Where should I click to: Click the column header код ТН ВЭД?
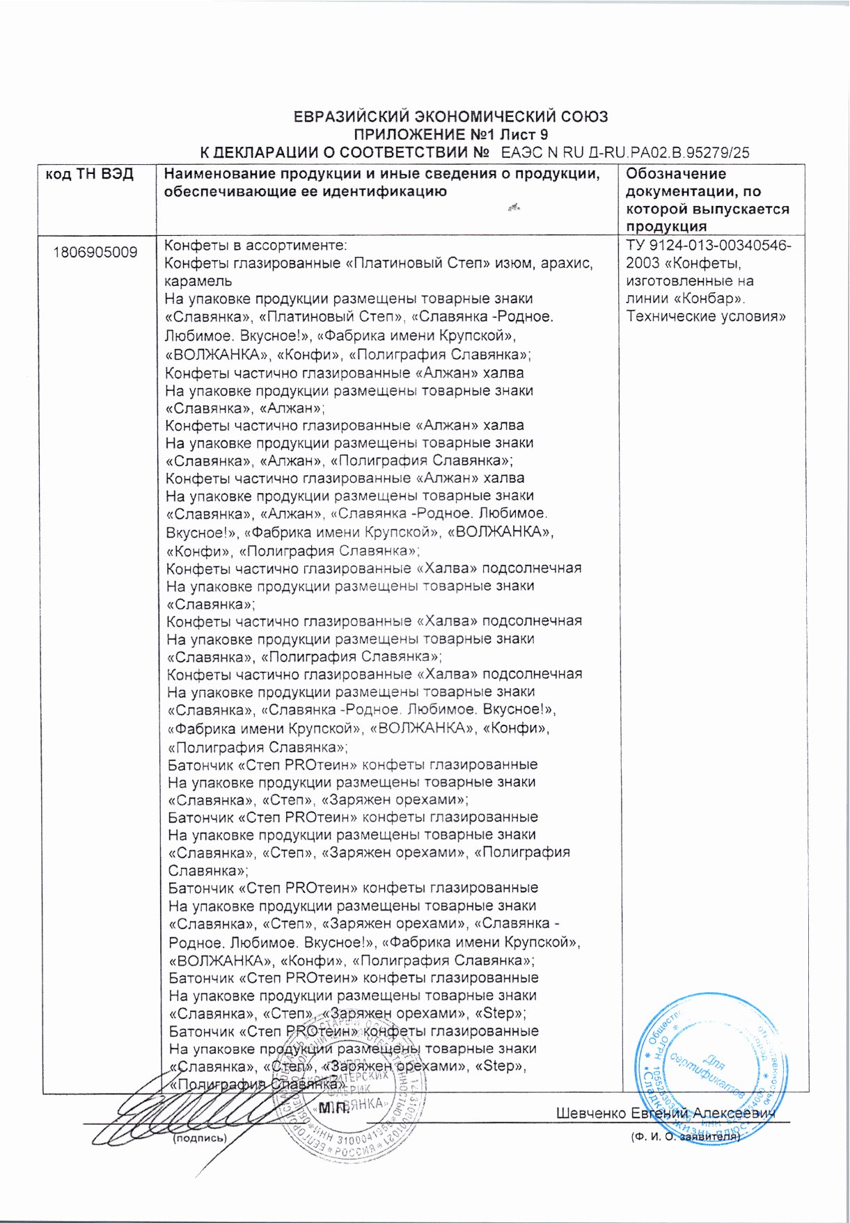(x=90, y=174)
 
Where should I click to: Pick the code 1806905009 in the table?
(x=95, y=252)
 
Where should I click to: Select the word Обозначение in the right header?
(x=676, y=174)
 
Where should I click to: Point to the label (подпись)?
(x=199, y=1138)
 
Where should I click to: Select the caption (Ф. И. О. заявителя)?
(x=684, y=1136)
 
